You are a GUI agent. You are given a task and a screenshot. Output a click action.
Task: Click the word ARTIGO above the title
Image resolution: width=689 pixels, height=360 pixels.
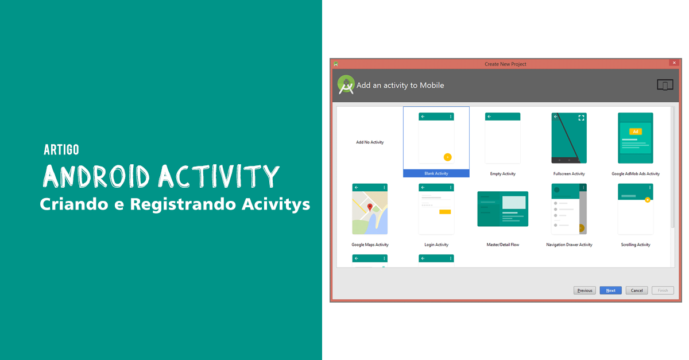[61, 150]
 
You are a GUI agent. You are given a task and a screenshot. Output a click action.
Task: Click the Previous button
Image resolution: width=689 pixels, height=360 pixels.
[585, 291]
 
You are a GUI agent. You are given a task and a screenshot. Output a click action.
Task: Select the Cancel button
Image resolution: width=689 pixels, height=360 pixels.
[637, 291]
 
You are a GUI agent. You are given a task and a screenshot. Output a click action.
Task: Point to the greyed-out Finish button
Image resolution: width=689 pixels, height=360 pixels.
[663, 291]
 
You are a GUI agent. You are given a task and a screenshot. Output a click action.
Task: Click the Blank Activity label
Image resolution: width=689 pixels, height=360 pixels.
[436, 173]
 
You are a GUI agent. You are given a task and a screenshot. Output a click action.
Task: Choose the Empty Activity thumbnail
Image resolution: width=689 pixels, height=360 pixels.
[502, 138]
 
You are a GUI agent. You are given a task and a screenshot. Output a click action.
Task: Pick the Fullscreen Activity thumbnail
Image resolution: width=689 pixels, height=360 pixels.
[569, 138]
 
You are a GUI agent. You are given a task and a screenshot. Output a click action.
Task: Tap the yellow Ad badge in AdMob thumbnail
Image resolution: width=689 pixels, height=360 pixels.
[635, 131]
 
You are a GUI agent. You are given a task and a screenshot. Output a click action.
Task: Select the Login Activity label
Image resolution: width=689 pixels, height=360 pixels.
[436, 245]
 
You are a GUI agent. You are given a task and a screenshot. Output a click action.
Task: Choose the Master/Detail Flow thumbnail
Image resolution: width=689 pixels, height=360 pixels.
[502, 209]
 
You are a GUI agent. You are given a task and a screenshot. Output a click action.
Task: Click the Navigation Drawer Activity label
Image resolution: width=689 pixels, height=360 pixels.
[569, 245]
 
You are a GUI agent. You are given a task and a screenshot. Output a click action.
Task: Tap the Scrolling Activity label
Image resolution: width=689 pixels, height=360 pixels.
[636, 245]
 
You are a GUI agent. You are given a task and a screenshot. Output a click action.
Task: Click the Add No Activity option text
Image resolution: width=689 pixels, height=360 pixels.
[370, 142]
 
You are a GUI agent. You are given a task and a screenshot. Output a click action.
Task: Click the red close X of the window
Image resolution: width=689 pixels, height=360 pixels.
[673, 63]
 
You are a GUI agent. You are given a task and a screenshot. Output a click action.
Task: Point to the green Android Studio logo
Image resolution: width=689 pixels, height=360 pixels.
[346, 85]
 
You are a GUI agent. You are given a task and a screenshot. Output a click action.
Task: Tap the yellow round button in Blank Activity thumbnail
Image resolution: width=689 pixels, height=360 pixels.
[448, 157]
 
